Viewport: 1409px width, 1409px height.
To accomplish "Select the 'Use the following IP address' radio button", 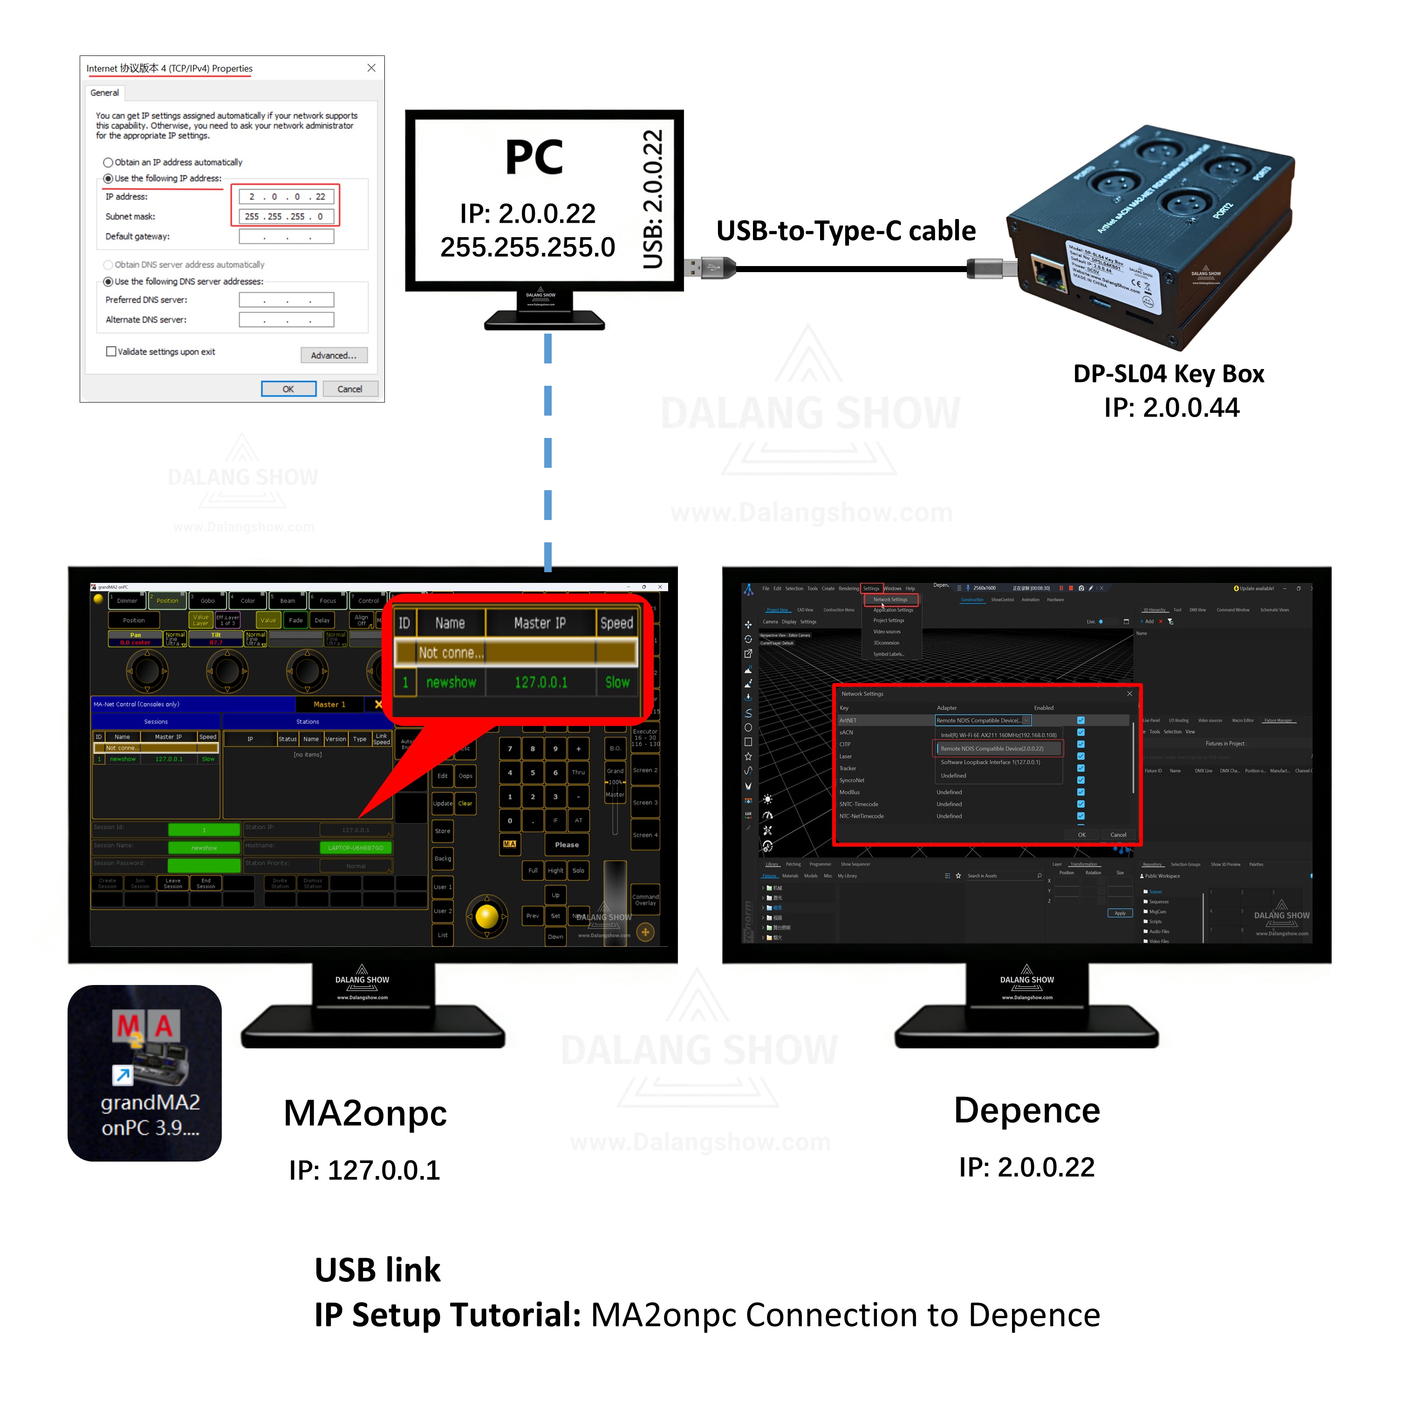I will pyautogui.click(x=109, y=178).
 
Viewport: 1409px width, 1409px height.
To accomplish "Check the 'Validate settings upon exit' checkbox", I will pyautogui.click(x=111, y=351).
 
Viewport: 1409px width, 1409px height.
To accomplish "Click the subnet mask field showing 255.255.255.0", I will pyautogui.click(x=287, y=217).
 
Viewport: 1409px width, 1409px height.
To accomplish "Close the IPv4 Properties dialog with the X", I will pyautogui.click(x=372, y=68).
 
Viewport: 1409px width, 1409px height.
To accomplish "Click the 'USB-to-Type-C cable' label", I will pyautogui.click(x=846, y=231).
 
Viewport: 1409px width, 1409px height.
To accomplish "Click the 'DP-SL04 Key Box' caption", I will pyautogui.click(x=1168, y=374).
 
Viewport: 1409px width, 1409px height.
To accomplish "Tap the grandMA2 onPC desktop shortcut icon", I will pyautogui.click(x=145, y=1073).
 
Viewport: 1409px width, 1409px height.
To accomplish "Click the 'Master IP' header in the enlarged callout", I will pyautogui.click(x=540, y=623).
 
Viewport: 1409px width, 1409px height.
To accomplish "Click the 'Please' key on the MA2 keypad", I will pyautogui.click(x=567, y=845).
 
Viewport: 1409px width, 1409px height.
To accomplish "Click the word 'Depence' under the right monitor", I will pyautogui.click(x=1027, y=1111).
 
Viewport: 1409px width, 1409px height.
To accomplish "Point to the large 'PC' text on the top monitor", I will pyautogui.click(x=534, y=157).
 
